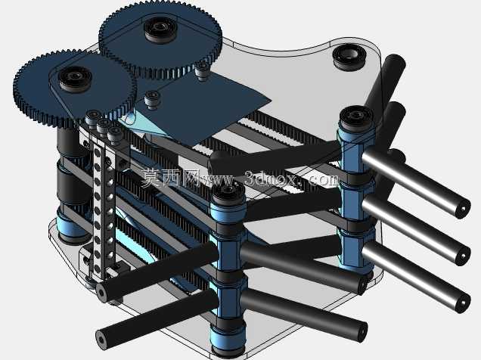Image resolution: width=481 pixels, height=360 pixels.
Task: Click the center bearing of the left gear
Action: click(75, 78)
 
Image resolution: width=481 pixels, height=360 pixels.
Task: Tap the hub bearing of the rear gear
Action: click(160, 28)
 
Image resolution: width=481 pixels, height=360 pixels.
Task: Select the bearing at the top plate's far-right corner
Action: click(349, 57)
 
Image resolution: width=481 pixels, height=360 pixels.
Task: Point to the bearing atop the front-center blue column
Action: click(228, 195)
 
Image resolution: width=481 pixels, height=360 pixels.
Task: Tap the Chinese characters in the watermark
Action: click(171, 177)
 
